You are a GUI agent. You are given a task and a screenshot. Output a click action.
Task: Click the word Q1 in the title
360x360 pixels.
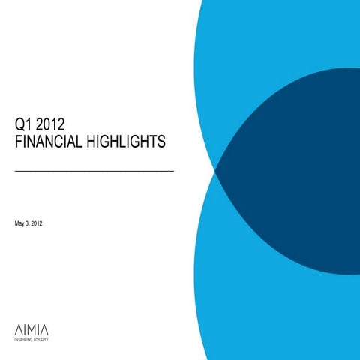coord(23,125)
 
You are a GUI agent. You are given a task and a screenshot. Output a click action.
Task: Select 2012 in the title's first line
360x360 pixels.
coord(49,125)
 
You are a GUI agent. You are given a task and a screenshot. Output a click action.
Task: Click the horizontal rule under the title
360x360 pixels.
coord(94,172)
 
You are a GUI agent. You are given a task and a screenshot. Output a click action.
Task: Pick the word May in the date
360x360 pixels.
coord(21,225)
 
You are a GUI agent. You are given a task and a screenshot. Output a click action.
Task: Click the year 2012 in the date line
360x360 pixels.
coord(43,225)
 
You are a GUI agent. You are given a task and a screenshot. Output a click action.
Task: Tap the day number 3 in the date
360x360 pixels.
coord(31,225)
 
